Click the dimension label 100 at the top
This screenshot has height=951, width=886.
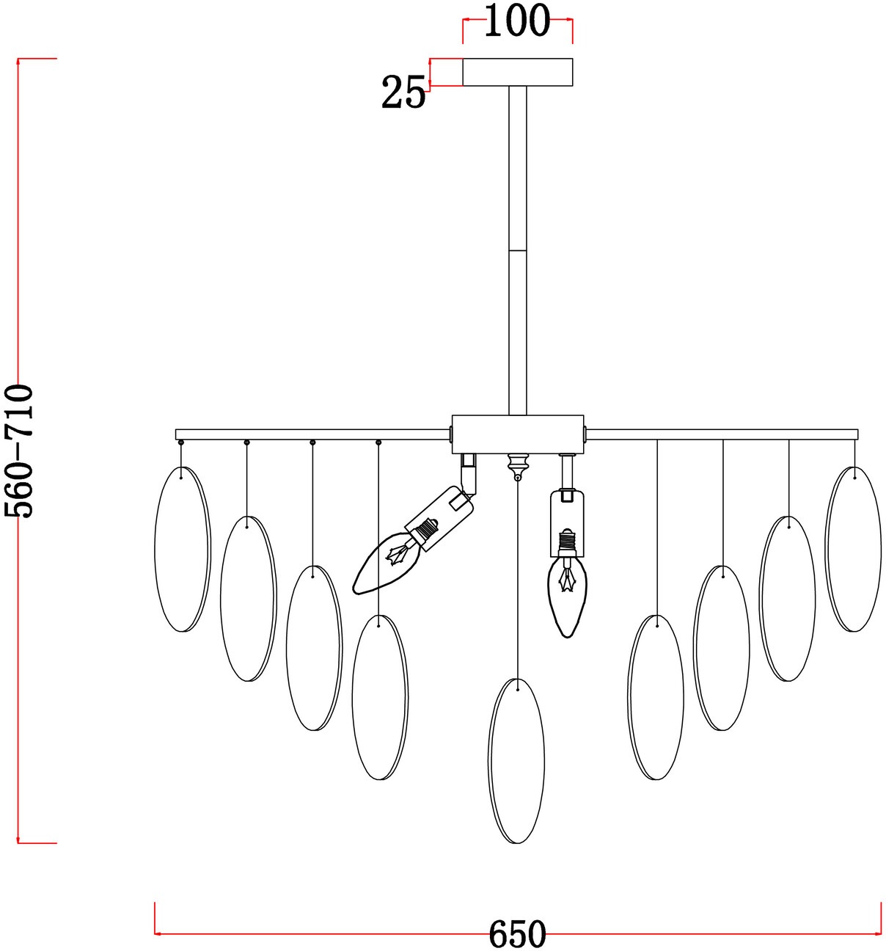[517, 21]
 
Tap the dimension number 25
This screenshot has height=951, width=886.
[403, 92]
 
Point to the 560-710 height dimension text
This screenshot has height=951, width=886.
[18, 451]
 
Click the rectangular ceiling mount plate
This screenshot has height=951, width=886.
[517, 73]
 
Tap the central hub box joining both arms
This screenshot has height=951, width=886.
[517, 434]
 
